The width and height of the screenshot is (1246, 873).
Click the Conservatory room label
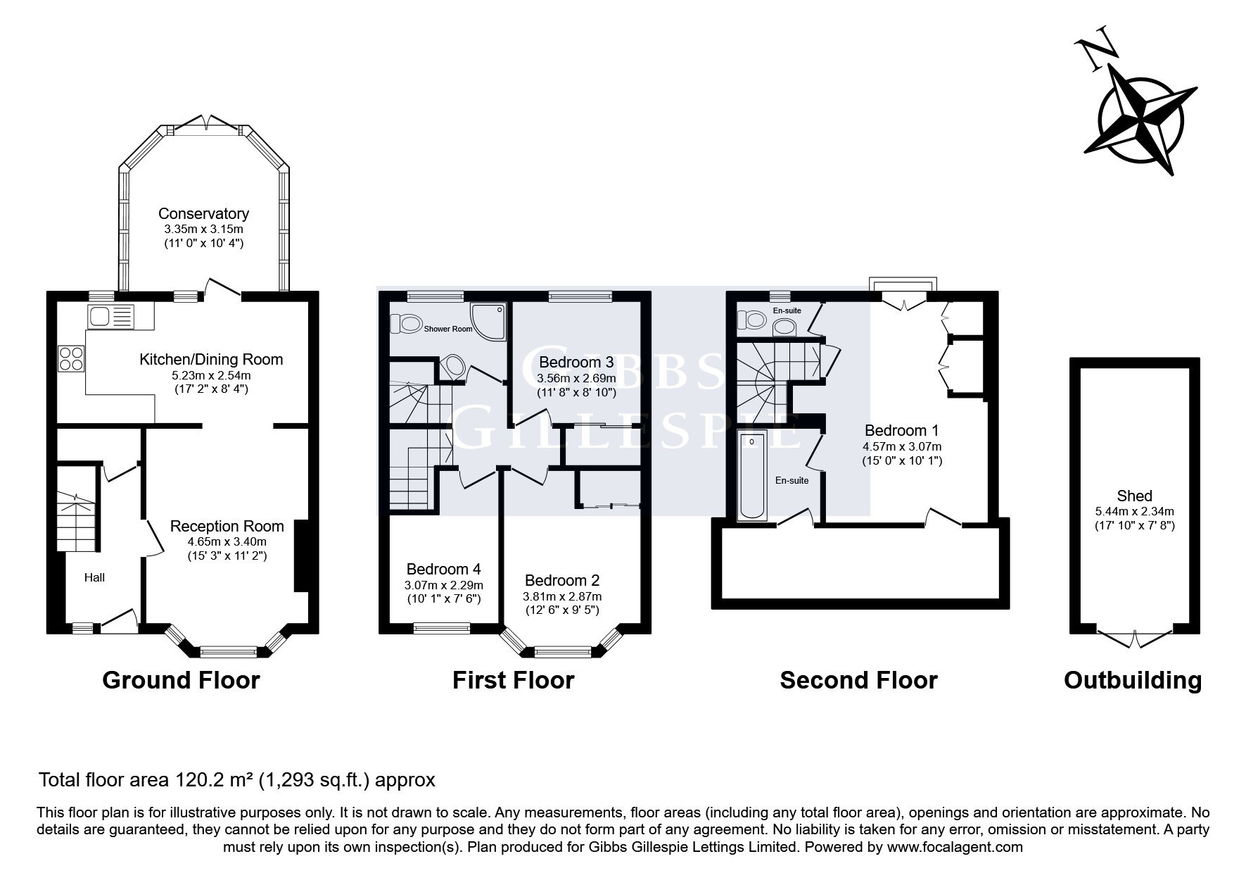[203, 213]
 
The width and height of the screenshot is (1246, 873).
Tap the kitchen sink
[110, 316]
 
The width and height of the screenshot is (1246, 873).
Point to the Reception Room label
[227, 526]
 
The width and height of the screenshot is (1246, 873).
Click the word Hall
[95, 577]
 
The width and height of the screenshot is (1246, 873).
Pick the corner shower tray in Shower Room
[488, 322]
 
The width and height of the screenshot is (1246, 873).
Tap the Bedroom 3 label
[576, 362]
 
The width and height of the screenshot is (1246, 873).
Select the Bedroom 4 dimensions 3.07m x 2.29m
[444, 585]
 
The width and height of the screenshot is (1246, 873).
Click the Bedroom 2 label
[562, 580]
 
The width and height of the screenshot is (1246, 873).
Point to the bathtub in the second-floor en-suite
[752, 477]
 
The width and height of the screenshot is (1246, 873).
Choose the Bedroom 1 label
[902, 430]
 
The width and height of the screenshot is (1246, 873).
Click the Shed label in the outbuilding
[1134, 496]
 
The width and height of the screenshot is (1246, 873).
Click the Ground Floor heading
[182, 680]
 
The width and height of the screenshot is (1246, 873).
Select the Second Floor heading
[858, 680]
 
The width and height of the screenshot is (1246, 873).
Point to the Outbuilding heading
[1133, 680]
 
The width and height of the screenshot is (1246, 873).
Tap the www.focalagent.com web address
[955, 847]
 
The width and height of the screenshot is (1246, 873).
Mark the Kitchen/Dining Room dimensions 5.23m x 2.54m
[211, 375]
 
